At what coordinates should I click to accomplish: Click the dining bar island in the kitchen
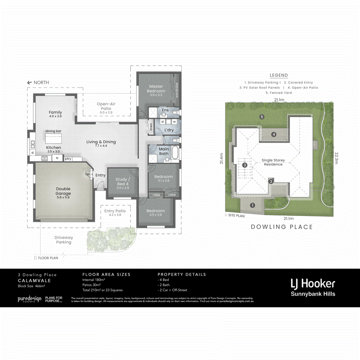coord(53,138)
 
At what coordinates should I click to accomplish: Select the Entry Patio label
coord(115,212)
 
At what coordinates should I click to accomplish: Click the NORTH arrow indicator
coord(38,82)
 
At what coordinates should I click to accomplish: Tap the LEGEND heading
coord(279,75)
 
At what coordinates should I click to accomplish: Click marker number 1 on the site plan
coord(252,206)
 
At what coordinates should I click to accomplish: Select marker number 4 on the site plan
coord(274,134)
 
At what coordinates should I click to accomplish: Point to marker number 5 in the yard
coord(262,117)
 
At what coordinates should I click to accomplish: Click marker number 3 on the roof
coord(244,165)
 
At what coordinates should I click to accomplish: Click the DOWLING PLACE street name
coord(282,227)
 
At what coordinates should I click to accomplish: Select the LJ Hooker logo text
coord(312,284)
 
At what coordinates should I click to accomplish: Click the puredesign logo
coord(29,299)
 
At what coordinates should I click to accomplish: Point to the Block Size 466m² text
coord(32,286)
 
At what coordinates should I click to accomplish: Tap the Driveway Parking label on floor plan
coord(64,240)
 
